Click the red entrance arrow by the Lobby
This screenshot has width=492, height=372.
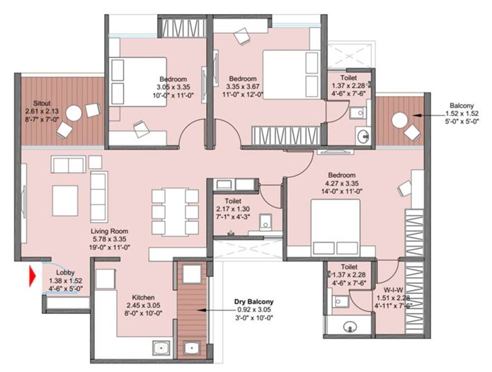pyautogui.click(x=32, y=276)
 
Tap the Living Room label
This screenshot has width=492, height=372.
pyautogui.click(x=110, y=231)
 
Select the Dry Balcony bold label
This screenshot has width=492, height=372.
pyautogui.click(x=254, y=302)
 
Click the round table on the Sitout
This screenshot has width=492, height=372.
pyautogui.click(x=74, y=113)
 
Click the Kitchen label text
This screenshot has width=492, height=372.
pyautogui.click(x=143, y=297)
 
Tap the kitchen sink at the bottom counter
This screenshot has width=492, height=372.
pyautogui.click(x=161, y=348)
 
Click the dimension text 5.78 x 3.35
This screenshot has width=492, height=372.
pyautogui.click(x=110, y=239)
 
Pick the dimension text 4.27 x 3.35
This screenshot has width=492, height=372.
pyautogui.click(x=342, y=183)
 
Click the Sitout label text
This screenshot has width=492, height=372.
pyautogui.click(x=42, y=103)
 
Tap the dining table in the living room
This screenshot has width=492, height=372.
pyautogui.click(x=175, y=212)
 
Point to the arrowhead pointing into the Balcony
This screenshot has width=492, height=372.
pyautogui.click(x=416, y=116)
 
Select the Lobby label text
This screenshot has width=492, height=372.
pyautogui.click(x=65, y=273)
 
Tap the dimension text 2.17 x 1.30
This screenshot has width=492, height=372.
pyautogui.click(x=233, y=209)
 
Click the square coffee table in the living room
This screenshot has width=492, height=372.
pyautogui.click(x=65, y=201)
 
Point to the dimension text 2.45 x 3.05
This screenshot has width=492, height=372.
pyautogui.click(x=143, y=305)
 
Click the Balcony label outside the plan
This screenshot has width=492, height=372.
pyautogui.click(x=462, y=105)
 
